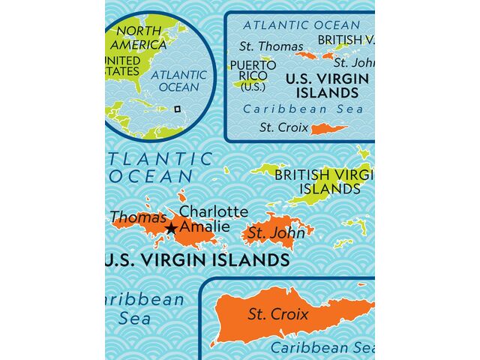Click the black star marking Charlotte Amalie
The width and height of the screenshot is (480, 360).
(171, 227)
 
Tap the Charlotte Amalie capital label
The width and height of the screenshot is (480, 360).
(214, 219)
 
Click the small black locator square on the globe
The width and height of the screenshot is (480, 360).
(177, 109)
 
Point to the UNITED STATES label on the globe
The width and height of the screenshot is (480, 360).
(122, 65)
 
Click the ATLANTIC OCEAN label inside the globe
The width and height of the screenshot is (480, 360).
(178, 81)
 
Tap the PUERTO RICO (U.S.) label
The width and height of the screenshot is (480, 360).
(253, 76)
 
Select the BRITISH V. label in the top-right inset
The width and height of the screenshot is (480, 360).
(346, 40)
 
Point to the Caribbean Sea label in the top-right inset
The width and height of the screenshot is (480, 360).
(304, 109)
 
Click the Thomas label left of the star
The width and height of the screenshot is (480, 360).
(138, 217)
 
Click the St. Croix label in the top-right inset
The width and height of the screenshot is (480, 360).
(284, 127)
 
